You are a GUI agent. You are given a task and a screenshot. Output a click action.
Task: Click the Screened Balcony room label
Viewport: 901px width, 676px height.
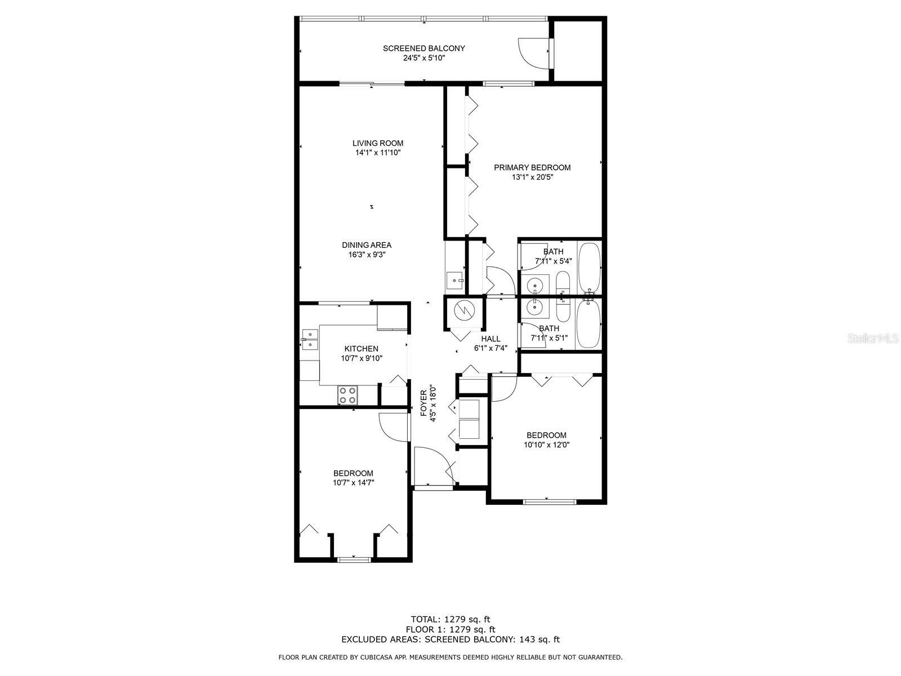(423, 48)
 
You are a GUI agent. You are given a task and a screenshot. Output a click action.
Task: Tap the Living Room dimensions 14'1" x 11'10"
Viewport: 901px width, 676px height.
(378, 153)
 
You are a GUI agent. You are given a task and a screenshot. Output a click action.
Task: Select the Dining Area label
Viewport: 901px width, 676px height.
(367, 245)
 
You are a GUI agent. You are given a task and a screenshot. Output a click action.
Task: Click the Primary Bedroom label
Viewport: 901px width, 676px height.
(532, 167)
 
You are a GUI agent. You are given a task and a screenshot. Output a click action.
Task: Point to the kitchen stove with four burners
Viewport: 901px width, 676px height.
(347, 395)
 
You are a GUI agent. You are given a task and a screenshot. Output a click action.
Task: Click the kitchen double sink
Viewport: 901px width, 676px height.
(309, 340)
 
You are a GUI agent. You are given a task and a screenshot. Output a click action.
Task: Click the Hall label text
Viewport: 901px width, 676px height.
(490, 339)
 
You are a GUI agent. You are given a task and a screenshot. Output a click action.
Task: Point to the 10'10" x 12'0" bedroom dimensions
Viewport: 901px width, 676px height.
(546, 444)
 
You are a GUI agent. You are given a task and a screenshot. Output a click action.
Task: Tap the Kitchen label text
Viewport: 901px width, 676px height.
(362, 349)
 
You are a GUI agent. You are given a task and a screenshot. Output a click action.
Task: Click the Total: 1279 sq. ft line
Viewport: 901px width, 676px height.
(450, 620)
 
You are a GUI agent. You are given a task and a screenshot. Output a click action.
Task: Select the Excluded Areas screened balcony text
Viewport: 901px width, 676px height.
(450, 639)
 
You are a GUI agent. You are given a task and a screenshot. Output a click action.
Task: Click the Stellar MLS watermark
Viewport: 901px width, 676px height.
(872, 339)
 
